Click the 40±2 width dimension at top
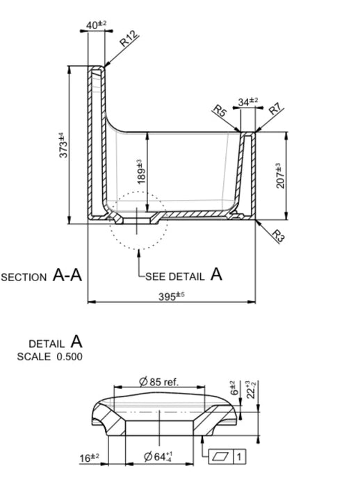click(97, 26)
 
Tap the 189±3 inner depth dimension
click(140, 170)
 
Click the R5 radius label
click(219, 111)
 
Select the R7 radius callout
click(275, 109)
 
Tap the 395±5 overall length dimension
click(172, 295)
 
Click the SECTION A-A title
click(42, 276)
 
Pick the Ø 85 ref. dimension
click(159, 381)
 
